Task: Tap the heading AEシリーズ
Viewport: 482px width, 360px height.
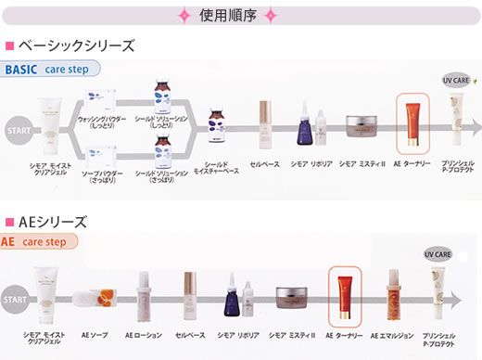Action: pos(52,222)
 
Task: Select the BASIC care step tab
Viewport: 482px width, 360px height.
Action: pos(51,69)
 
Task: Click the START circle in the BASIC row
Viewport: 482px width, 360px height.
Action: pos(17,131)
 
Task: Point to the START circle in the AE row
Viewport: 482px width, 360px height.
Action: pos(15,300)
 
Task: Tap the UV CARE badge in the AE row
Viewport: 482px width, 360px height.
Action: pos(437,253)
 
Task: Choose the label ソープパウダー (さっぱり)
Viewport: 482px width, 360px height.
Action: pos(103,176)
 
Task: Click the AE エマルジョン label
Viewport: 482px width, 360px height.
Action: pos(389,334)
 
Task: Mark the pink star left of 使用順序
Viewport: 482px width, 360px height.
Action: pos(184,15)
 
